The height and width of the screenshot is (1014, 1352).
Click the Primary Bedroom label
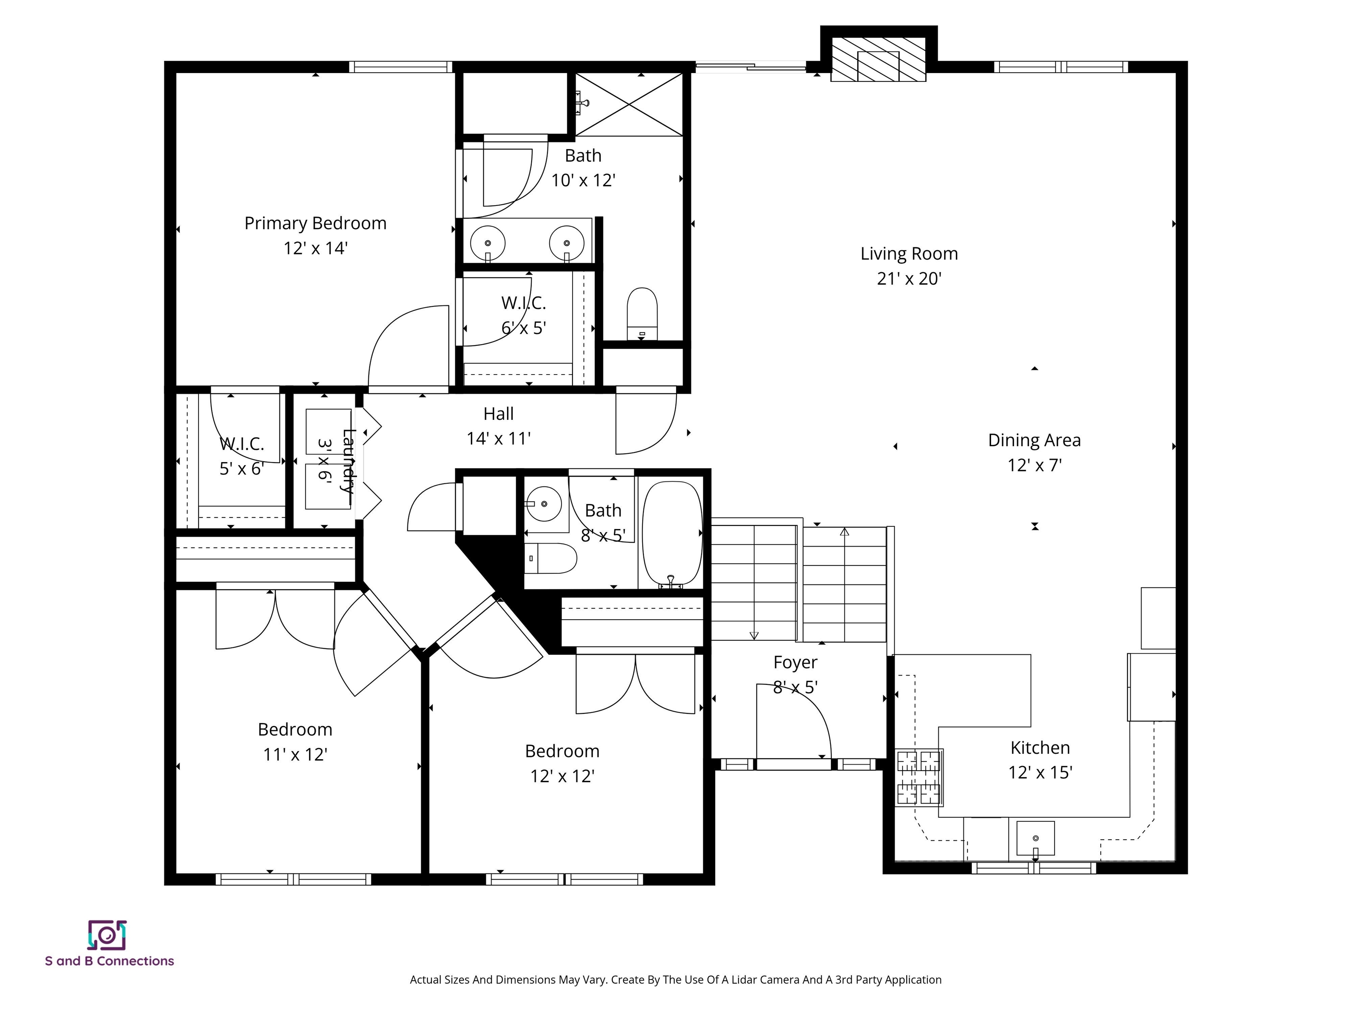[316, 223]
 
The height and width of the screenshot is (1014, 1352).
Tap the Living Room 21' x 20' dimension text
[909, 279]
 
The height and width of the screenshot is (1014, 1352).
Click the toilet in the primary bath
[642, 313]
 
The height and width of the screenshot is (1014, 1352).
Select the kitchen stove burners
[918, 778]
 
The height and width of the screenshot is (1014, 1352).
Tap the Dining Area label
[1034, 440]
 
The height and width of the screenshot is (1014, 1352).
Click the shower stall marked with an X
[629, 104]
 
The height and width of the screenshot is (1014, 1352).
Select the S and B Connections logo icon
[107, 935]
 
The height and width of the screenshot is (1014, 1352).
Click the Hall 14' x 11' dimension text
[498, 439]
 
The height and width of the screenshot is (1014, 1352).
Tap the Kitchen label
[1040, 747]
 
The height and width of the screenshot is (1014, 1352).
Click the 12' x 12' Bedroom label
[562, 751]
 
